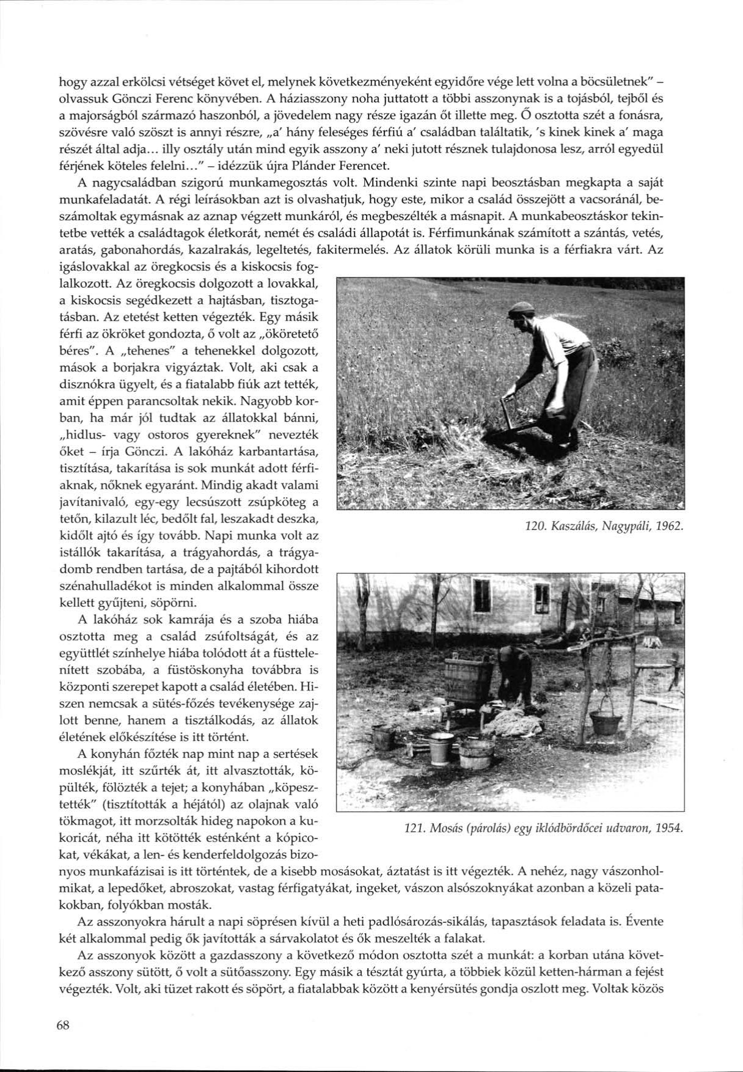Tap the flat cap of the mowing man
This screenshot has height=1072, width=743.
pyautogui.click(x=521, y=309)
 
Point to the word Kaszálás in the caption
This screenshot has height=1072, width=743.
pyautogui.click(x=574, y=526)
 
